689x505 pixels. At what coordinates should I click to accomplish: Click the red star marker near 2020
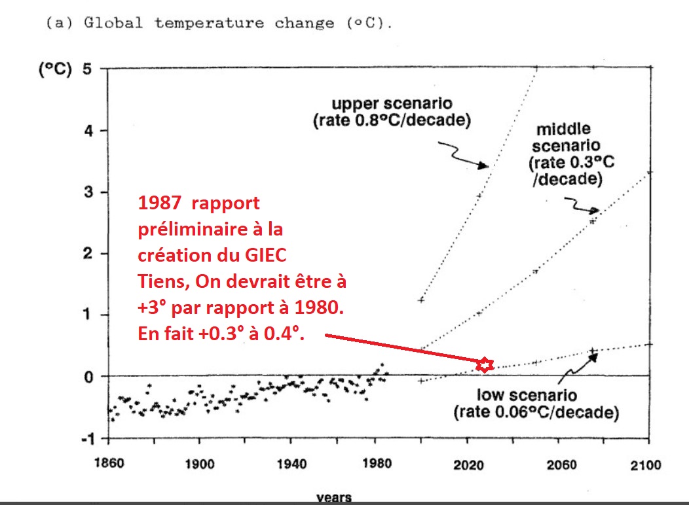(x=484, y=365)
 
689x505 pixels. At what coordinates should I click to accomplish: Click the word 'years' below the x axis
(x=334, y=498)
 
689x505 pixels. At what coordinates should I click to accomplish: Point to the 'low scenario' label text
(x=526, y=395)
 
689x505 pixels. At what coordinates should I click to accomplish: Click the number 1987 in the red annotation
(x=155, y=203)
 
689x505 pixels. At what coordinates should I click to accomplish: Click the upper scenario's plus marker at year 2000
(x=421, y=300)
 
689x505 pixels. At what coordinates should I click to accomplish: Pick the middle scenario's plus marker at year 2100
(x=649, y=173)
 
